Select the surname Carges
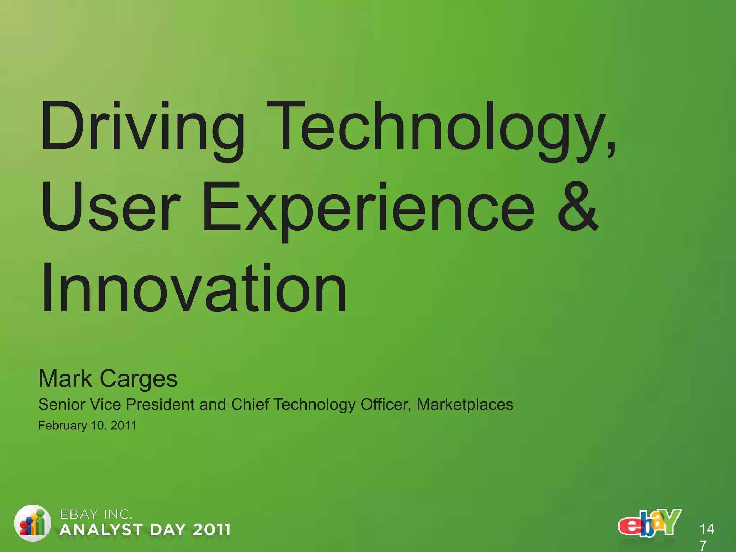(x=139, y=379)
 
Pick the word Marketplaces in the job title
(x=465, y=404)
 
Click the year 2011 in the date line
(x=123, y=425)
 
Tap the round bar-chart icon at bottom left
(x=32, y=523)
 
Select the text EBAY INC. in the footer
(x=96, y=515)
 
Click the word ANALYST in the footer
(x=101, y=530)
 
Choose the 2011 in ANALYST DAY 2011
(x=211, y=530)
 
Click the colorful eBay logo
(x=650, y=523)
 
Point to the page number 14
(x=707, y=529)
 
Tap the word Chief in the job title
(x=250, y=404)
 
